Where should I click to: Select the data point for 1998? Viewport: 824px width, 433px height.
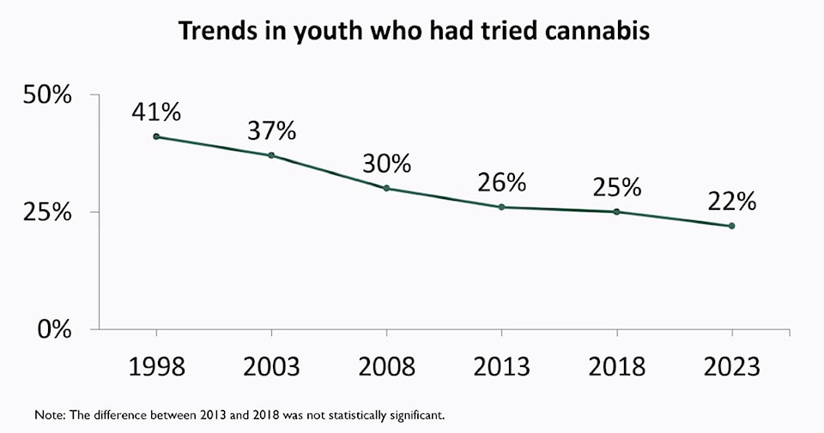click(x=155, y=136)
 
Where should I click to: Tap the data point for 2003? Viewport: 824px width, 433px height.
click(x=271, y=155)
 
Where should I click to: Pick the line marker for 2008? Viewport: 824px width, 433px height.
click(x=386, y=188)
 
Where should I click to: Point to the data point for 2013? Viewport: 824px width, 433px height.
click(x=501, y=207)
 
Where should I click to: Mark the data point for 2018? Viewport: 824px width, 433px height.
click(x=616, y=212)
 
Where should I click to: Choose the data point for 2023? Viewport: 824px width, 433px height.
click(x=731, y=226)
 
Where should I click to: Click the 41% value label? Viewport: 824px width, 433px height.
click(x=155, y=111)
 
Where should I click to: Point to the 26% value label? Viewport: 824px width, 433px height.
click(x=501, y=182)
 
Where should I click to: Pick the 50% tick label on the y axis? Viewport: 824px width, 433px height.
click(x=46, y=94)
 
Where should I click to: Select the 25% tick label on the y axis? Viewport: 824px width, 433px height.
click(x=46, y=212)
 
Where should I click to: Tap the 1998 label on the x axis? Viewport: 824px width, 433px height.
click(x=155, y=366)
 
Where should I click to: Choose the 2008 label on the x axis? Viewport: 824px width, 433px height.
click(x=386, y=366)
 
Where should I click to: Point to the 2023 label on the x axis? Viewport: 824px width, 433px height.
click(x=731, y=366)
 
